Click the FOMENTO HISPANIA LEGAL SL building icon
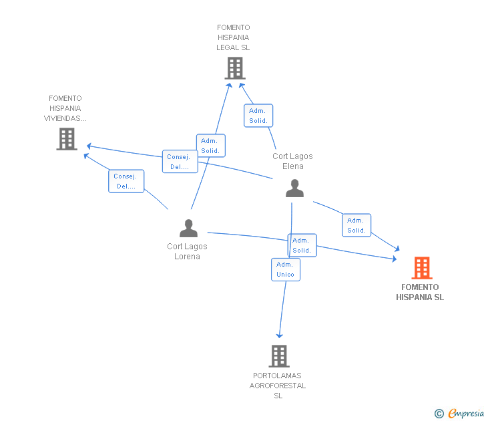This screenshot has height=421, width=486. [234, 68]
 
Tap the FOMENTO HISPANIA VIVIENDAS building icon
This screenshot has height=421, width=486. [67, 139]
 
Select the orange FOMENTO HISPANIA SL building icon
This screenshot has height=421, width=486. [421, 268]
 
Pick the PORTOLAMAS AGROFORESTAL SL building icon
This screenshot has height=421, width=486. [278, 356]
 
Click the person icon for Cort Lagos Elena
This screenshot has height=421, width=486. [294, 188]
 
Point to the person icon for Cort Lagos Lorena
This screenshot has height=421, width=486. [188, 229]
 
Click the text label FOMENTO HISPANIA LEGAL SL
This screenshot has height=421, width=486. [233, 37]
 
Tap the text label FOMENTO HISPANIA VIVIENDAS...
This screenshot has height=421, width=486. [65, 108]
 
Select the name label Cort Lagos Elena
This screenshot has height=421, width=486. [292, 161]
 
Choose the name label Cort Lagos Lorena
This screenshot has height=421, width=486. [187, 251]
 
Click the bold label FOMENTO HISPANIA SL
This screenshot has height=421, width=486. [420, 292]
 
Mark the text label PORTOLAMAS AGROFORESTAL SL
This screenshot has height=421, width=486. [278, 386]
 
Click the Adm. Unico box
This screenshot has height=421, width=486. [285, 269]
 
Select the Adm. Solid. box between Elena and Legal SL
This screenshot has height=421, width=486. [258, 116]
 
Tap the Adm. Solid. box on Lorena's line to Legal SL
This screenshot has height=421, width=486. [210, 146]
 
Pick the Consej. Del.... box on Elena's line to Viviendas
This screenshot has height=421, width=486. [179, 162]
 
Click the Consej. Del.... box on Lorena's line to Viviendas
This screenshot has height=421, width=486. [126, 181]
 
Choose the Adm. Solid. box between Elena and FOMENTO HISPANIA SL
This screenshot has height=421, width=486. [356, 225]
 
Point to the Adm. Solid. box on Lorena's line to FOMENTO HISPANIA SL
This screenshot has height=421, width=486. [302, 245]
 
